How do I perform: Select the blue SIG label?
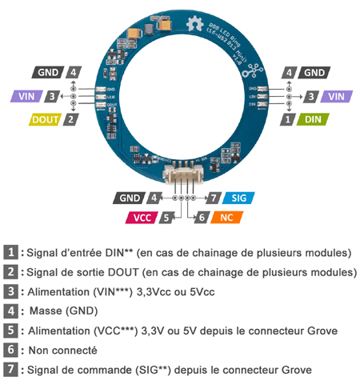pos(240,198)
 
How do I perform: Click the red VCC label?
pos(141,217)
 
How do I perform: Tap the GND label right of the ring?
pos(314,72)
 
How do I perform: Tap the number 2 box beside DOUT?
pos(71,120)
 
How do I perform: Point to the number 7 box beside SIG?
pos(214,198)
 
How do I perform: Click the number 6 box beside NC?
pos(202,217)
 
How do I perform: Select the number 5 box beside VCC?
pos(166,217)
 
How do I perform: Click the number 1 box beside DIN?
pos(288,120)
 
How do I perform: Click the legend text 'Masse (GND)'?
pos(64,311)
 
